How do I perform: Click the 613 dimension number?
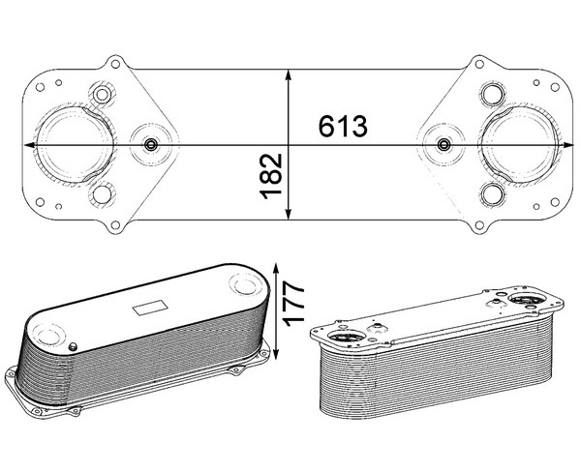tap(343, 126)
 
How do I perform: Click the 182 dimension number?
tap(270, 177)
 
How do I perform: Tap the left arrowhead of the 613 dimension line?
tap(30, 145)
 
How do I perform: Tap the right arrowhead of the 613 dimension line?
tap(567, 145)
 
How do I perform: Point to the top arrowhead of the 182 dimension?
tap(289, 75)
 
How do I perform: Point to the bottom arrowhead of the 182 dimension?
tap(289, 214)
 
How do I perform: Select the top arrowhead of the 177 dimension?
tap(275, 269)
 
